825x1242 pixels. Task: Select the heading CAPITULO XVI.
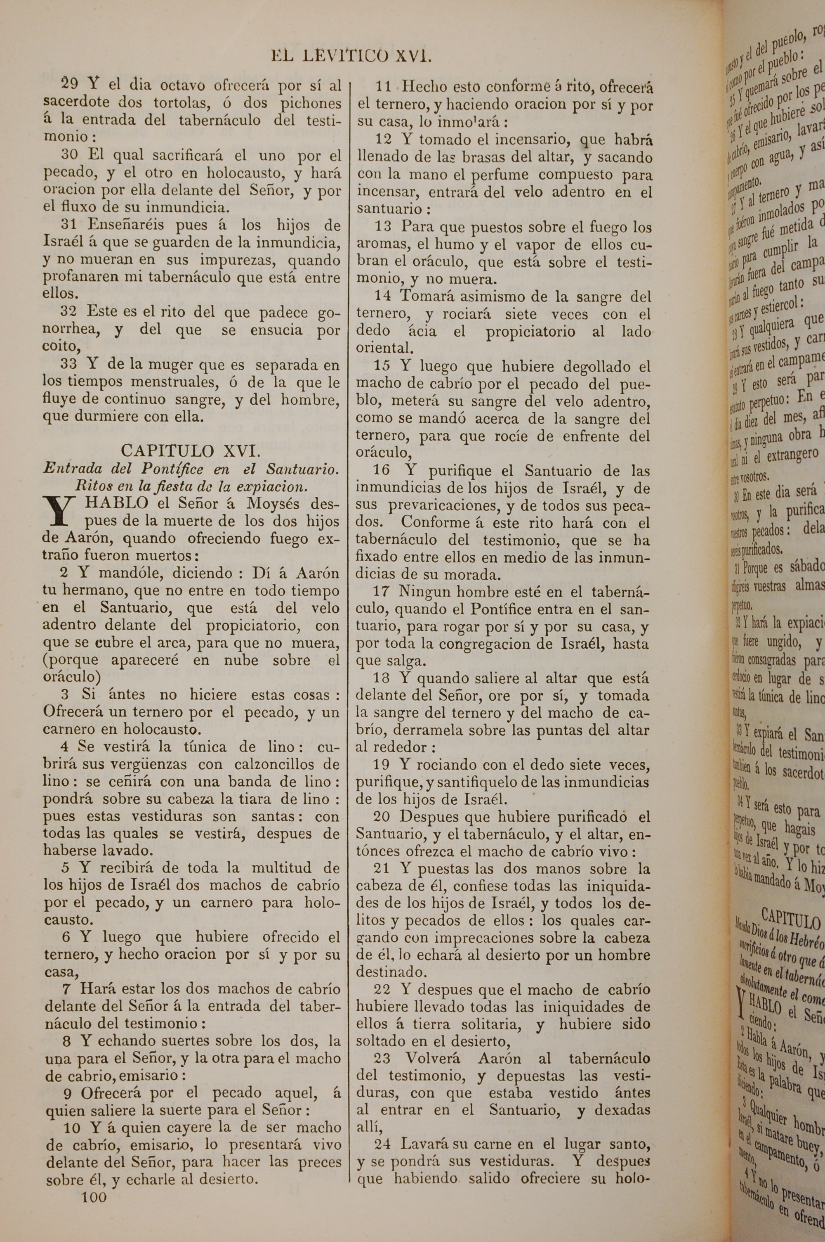point(190,450)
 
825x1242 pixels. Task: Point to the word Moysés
point(273,503)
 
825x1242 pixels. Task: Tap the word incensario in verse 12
point(516,140)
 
